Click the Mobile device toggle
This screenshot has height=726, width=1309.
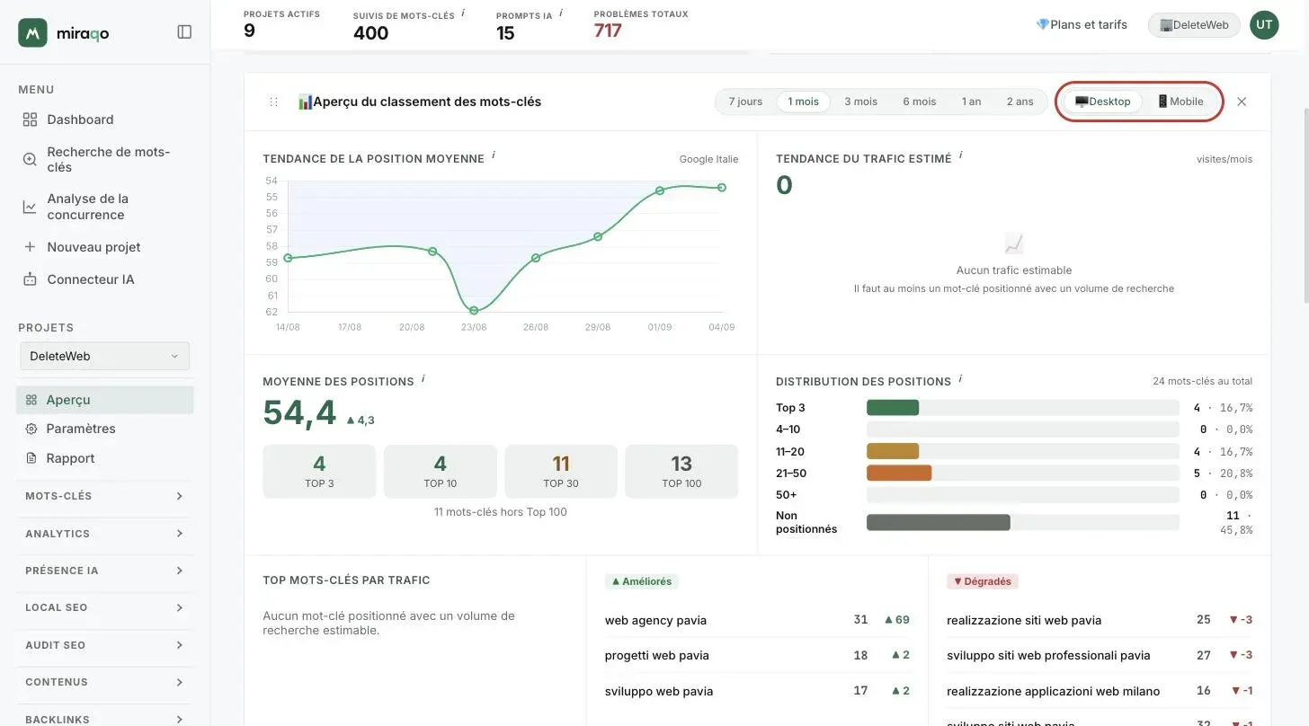tap(1180, 102)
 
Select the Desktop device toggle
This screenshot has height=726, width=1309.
tap(1103, 102)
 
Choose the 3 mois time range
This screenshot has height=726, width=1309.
tap(860, 102)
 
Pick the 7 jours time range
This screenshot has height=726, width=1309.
tap(745, 102)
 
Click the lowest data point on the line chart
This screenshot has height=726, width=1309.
tap(474, 311)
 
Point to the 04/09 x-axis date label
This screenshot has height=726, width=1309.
tap(721, 327)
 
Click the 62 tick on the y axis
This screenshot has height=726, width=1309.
tap(272, 312)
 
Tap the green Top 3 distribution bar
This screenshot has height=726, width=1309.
tap(893, 407)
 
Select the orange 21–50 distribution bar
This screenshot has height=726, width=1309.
tap(899, 474)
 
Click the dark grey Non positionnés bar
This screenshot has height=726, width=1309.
tap(938, 522)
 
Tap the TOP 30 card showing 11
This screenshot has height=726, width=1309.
tap(560, 472)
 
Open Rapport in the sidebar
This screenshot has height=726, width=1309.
tap(70, 458)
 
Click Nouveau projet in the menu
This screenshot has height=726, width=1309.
tap(93, 247)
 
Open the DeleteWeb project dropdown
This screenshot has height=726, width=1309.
tap(104, 356)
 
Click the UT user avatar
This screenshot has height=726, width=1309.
tap(1264, 24)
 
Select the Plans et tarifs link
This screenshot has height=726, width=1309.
tap(1082, 24)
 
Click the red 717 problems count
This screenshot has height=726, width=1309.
tap(607, 31)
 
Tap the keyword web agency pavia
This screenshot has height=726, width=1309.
tap(655, 620)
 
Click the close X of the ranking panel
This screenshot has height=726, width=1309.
tap(1242, 102)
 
